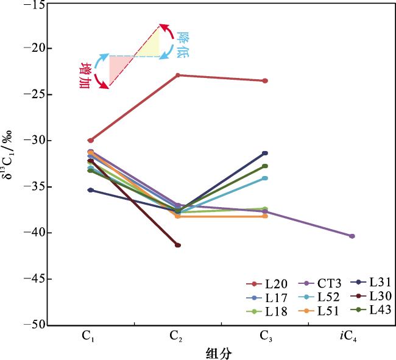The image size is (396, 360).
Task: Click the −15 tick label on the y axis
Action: click(x=35, y=5)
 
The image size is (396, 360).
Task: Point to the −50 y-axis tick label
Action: click(x=35, y=325)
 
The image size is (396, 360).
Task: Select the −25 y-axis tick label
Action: click(x=35, y=94)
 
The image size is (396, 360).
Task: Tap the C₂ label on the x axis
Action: click(x=177, y=337)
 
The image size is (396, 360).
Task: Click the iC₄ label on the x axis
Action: click(x=352, y=337)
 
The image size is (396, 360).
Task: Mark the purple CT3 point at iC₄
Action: click(x=352, y=236)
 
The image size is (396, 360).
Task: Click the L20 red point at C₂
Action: click(x=177, y=75)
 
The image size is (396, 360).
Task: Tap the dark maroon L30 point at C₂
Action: click(x=177, y=245)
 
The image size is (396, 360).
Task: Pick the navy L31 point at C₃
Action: click(x=265, y=153)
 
